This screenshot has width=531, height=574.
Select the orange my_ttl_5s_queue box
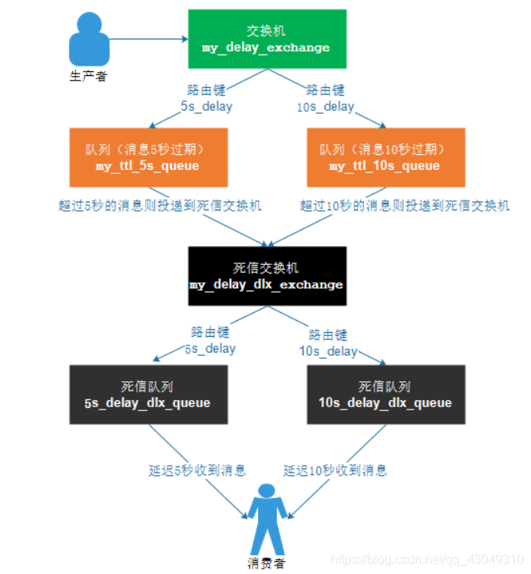click(x=147, y=157)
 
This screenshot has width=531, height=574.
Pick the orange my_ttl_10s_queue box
click(x=384, y=157)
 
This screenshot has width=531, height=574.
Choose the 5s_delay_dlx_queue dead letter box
click(x=147, y=394)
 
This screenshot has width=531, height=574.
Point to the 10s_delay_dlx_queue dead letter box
click(x=384, y=394)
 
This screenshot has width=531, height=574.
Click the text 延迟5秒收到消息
click(x=197, y=470)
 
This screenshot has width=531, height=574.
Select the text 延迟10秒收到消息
click(x=336, y=470)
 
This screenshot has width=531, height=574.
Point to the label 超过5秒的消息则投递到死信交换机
click(x=160, y=206)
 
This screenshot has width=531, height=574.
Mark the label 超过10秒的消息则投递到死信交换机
click(x=405, y=206)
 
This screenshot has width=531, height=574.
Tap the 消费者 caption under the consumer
click(x=266, y=563)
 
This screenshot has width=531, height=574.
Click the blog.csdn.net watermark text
click(x=427, y=559)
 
